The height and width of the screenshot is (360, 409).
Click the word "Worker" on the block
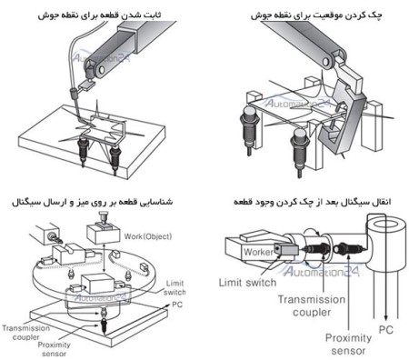coord(258,248)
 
